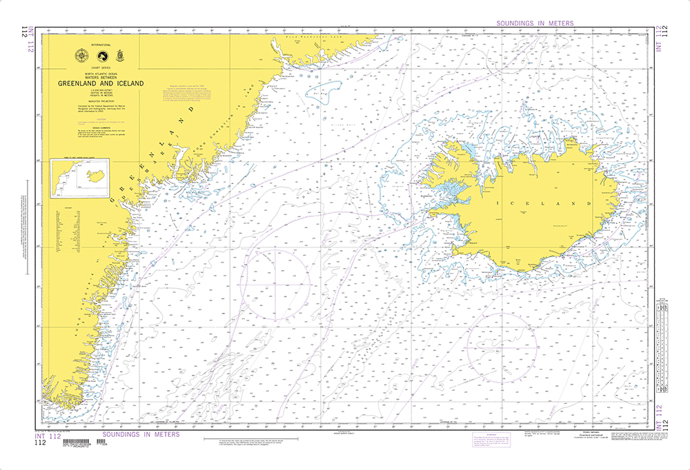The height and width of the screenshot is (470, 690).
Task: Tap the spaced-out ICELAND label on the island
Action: (x=545, y=204)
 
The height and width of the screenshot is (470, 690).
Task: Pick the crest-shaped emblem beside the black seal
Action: (x=121, y=57)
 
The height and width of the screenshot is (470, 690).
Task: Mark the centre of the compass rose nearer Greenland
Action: (x=275, y=283)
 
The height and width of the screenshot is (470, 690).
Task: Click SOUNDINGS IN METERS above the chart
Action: (x=535, y=23)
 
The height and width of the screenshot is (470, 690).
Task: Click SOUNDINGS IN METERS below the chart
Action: (x=141, y=434)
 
